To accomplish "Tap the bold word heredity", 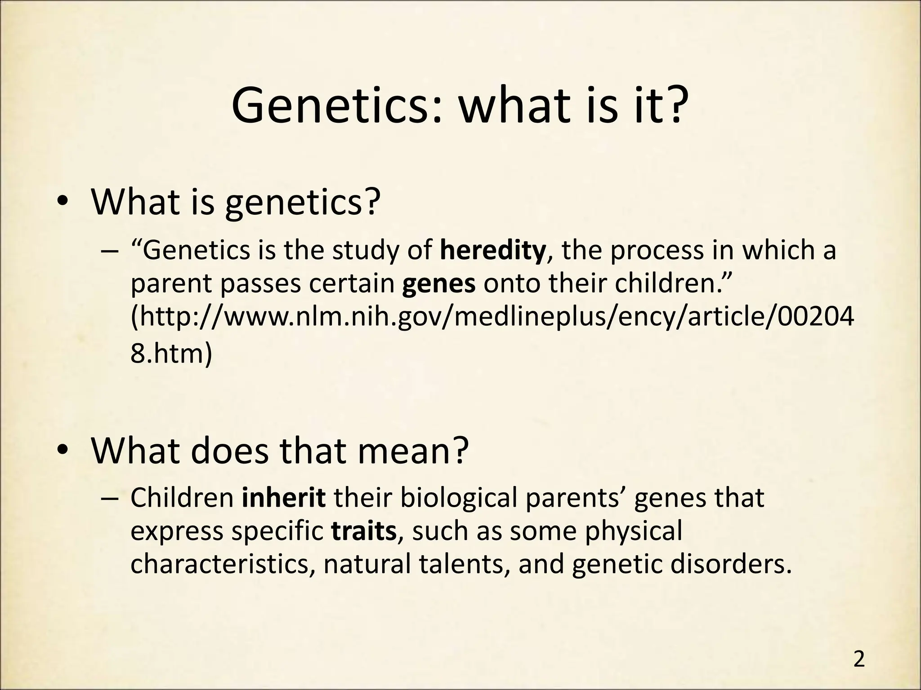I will coord(493,251).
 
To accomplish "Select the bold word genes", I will coord(439,285).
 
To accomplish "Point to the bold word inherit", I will coord(284,498).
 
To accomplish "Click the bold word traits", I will coord(364,531).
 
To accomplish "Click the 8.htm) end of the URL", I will coord(171,354).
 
